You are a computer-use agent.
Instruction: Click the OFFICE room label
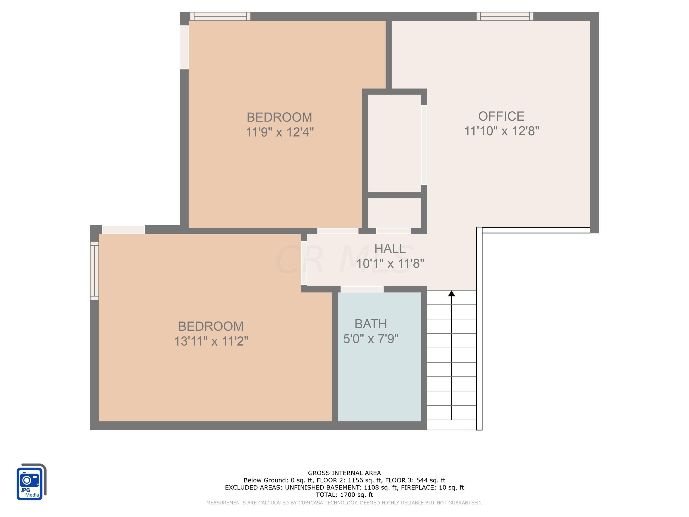(501, 116)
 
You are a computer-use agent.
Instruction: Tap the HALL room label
(390, 249)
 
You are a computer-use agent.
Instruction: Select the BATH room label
(371, 324)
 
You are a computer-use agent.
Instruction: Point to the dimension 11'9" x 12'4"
(280, 132)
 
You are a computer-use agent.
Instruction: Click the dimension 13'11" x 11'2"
(211, 341)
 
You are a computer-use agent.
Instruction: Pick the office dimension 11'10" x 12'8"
(502, 131)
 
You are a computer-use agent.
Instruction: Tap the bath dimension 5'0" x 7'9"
(371, 339)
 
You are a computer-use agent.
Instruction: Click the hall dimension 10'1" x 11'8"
(390, 264)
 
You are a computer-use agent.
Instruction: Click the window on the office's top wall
(505, 16)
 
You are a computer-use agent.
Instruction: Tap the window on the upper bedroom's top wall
(220, 16)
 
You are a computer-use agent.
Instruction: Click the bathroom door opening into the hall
(362, 289)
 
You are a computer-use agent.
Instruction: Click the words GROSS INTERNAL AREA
(344, 473)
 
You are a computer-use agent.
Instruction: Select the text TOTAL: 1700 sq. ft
(344, 494)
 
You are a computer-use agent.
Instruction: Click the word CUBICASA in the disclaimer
(313, 503)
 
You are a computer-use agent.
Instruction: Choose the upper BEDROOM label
(280, 117)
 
